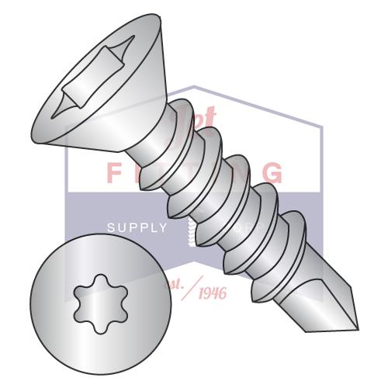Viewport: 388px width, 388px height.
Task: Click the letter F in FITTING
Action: coord(113,171)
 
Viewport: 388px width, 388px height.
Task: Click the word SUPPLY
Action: coord(137,227)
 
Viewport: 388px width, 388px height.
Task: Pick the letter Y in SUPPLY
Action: coord(162,227)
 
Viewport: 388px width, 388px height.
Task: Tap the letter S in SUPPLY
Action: coord(110,227)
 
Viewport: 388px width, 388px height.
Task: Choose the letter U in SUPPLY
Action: coord(121,227)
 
